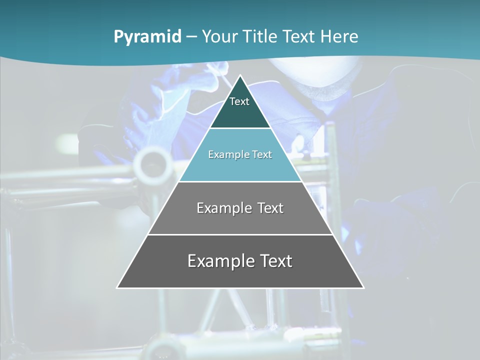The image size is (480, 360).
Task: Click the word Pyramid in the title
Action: (147, 37)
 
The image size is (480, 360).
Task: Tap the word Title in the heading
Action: (261, 37)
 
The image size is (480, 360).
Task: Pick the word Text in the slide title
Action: (301, 37)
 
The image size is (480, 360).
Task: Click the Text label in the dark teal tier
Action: (239, 101)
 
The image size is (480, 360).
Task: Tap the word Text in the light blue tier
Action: (262, 155)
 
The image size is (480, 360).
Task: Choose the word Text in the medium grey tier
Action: (270, 208)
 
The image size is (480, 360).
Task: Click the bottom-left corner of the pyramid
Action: (117, 287)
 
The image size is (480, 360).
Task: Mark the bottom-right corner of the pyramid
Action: (363, 287)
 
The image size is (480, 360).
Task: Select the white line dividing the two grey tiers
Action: (240, 234)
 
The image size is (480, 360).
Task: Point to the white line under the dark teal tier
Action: (240, 128)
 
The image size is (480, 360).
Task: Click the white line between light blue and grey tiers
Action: (240, 181)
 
